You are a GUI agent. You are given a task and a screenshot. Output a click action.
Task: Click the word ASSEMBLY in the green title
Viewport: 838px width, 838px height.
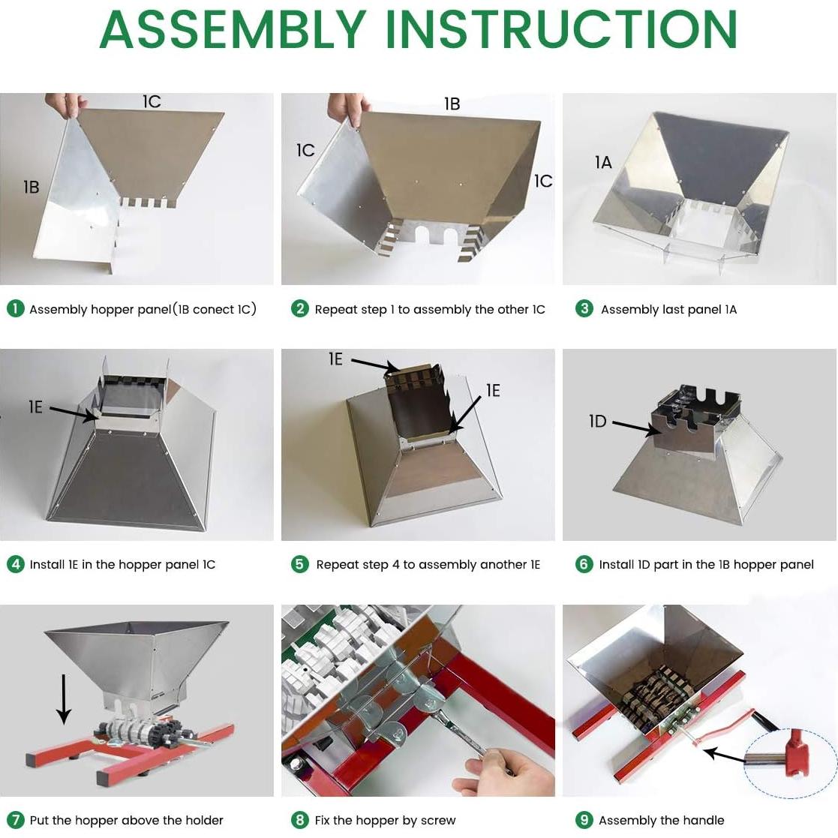click(x=233, y=29)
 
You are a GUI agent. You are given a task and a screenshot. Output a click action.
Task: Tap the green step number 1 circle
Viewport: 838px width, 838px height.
click(x=16, y=309)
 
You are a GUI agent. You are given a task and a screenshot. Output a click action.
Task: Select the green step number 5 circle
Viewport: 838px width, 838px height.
click(x=300, y=564)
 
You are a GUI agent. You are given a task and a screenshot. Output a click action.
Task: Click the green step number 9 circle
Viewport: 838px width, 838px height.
click(x=584, y=820)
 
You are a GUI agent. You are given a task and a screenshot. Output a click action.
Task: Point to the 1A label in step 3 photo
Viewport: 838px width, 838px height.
click(x=603, y=162)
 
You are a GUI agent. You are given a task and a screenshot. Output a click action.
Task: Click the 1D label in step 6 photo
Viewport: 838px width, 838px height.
click(x=597, y=421)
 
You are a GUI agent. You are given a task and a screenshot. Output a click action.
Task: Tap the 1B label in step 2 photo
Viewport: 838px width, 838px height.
click(x=452, y=104)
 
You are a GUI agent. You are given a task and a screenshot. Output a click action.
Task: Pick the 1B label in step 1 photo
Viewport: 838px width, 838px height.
click(x=31, y=187)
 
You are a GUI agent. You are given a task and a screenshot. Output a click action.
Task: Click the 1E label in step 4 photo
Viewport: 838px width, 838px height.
click(x=35, y=407)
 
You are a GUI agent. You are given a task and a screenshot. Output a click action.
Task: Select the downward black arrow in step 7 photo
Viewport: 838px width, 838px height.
click(x=64, y=699)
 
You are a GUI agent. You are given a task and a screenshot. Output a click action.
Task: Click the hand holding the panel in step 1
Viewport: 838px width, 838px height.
click(x=66, y=104)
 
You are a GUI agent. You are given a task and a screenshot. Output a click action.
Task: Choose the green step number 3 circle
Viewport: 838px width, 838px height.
click(x=584, y=309)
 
